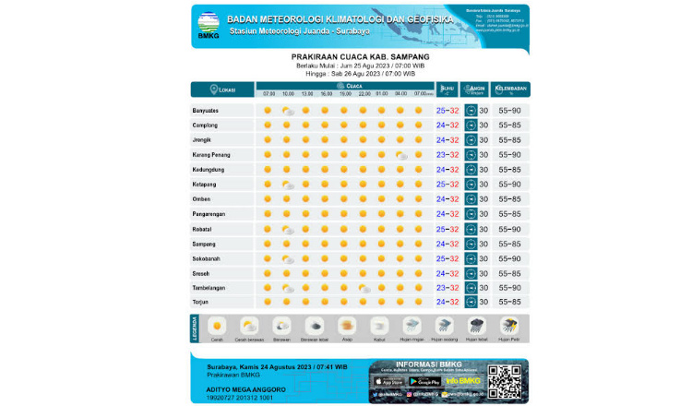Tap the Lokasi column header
pos(219,90)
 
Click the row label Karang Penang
pos(211,155)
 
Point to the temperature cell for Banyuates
pos(447,111)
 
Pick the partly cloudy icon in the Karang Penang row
pos(400,155)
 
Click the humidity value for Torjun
pos(510,302)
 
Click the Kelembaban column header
pos(511,90)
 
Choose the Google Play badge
pos(424,381)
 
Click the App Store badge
pos(390,381)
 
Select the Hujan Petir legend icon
pos(509,326)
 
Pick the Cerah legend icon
pos(218,326)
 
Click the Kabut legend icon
pos(379,326)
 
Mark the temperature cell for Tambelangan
pos(447,288)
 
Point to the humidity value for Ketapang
pos(510,185)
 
